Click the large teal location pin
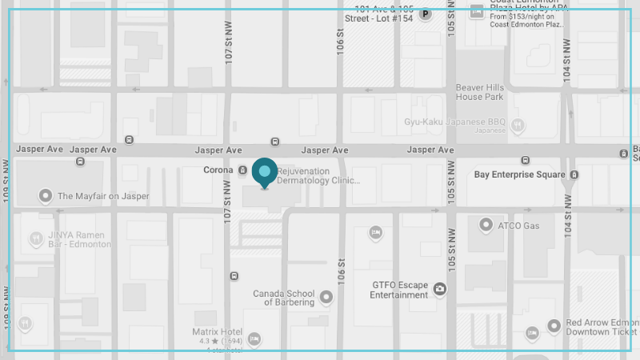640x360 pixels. click(x=265, y=172)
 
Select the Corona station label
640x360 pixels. click(x=218, y=170)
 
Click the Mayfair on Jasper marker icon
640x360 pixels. click(x=46, y=196)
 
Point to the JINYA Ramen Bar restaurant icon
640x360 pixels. click(x=36, y=238)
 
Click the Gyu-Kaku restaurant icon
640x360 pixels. click(x=518, y=125)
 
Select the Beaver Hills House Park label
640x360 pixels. click(x=480, y=92)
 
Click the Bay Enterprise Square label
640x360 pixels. click(x=519, y=174)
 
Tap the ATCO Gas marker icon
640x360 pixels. click(x=486, y=226)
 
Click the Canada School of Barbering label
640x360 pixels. click(x=284, y=298)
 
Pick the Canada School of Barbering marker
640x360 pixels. click(x=326, y=298)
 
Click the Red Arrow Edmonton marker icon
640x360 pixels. click(x=554, y=326)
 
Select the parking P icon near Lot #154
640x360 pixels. click(x=426, y=14)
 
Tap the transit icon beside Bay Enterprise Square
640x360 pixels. click(x=574, y=174)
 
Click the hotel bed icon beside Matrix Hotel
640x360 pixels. click(x=254, y=339)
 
